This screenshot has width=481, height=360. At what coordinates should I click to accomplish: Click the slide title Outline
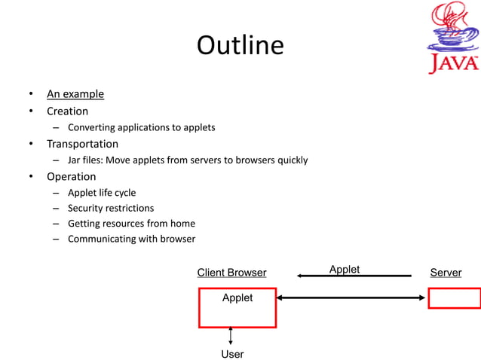(x=240, y=46)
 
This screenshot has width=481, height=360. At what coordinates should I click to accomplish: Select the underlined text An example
(x=75, y=94)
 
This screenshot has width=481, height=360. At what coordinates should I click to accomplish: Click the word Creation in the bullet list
(x=67, y=111)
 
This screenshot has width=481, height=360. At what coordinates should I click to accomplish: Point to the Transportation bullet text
(x=82, y=144)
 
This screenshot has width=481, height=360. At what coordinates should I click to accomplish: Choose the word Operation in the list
(x=71, y=176)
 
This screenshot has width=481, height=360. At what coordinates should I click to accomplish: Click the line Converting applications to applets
(x=141, y=127)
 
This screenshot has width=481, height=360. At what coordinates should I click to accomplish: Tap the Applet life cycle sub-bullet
(x=102, y=192)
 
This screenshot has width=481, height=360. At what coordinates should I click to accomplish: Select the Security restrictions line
(x=111, y=208)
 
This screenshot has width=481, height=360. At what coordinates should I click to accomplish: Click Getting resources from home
(x=131, y=224)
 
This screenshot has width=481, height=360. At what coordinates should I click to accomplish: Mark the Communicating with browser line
(x=131, y=239)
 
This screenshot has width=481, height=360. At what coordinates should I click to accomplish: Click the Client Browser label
(x=231, y=273)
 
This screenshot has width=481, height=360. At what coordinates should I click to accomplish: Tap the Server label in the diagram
(x=446, y=273)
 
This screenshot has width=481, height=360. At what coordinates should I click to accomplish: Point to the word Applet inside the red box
(x=237, y=298)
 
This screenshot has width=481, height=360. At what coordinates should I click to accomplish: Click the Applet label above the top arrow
(x=345, y=269)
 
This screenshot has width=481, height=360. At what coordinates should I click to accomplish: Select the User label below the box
(x=232, y=354)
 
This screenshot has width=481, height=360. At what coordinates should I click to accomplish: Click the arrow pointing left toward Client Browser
(x=354, y=276)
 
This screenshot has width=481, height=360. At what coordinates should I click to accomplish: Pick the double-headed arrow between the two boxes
(x=351, y=297)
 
